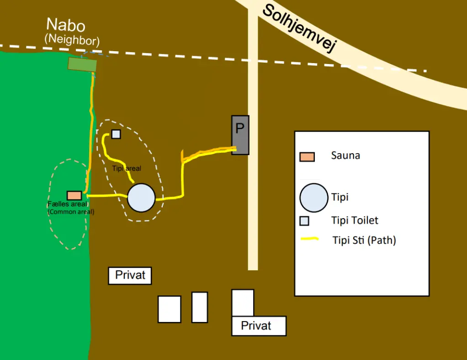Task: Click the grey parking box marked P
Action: coord(240,135)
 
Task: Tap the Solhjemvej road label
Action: coord(300,28)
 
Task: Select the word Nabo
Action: coord(66,25)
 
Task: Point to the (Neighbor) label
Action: coord(72,40)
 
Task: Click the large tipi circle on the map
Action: coord(141,198)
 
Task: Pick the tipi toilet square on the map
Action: coord(116,134)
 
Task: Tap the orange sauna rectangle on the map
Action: coord(74,195)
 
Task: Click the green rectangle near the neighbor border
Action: coord(82,64)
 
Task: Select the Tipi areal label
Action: coord(127,168)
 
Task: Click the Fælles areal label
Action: coord(67,204)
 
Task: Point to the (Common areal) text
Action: coord(71,212)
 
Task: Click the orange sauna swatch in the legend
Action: coord(307,157)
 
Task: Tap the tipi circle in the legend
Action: coord(313,198)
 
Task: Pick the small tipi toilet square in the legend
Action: coord(304,221)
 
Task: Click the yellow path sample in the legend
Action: coord(310,239)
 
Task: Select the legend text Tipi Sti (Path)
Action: coord(364,240)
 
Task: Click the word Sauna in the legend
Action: coord(345,156)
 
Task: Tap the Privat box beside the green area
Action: coord(130,275)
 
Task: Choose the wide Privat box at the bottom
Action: coord(259,326)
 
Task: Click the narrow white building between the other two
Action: coord(200,307)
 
